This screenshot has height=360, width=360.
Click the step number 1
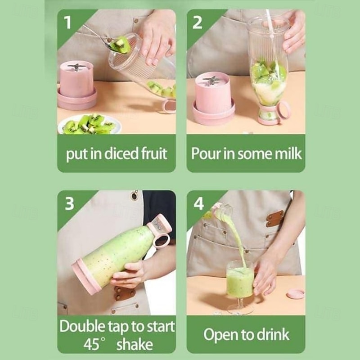[68, 22]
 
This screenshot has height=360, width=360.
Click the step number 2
[198, 22]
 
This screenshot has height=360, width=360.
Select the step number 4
[198, 203]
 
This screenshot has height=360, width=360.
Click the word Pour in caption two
[206, 153]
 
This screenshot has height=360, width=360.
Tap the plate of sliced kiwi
[89, 124]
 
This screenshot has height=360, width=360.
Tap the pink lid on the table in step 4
[295, 294]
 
